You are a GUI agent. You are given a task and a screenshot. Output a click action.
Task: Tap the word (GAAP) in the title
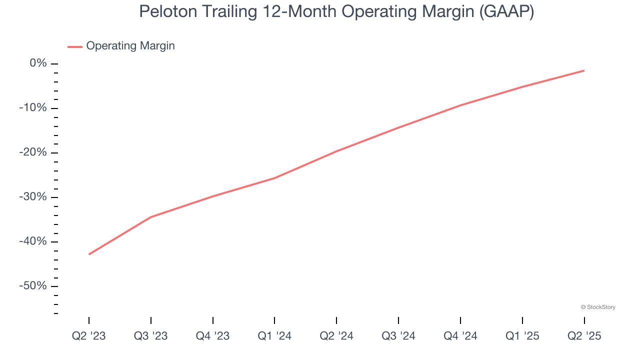506,11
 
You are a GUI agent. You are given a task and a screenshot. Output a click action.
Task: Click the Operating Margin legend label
130,46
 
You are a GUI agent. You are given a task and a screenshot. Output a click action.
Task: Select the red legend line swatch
75,46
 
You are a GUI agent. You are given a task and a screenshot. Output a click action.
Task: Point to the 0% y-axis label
38,63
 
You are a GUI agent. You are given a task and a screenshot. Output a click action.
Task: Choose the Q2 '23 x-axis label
89,336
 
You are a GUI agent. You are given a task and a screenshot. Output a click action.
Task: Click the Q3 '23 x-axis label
151,336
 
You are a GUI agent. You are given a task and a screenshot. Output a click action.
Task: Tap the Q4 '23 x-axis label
213,336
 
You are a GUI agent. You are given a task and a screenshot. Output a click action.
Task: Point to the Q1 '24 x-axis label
274,336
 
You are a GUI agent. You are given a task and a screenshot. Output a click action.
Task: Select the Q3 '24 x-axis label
398,336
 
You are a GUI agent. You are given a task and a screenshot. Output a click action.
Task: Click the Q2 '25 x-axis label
584,336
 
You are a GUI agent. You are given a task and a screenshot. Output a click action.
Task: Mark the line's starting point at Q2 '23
89,254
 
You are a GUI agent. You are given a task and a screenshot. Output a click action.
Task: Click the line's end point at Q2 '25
583,70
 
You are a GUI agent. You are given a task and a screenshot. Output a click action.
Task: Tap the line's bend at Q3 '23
151,217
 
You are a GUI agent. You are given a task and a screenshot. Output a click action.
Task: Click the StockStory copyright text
598,307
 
